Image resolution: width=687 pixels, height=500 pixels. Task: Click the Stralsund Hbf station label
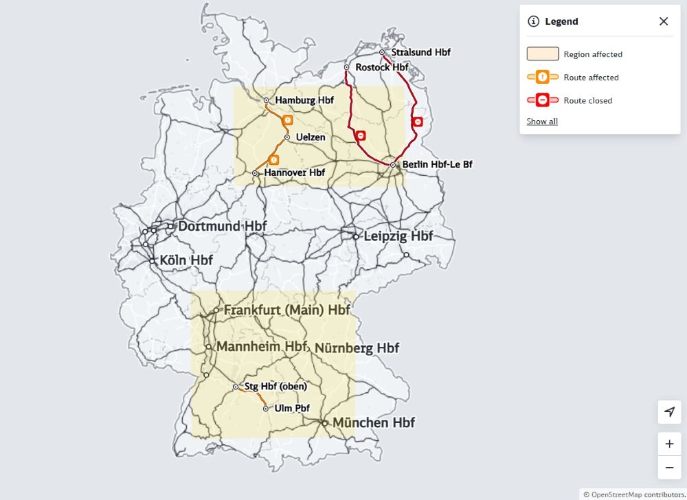point(420,52)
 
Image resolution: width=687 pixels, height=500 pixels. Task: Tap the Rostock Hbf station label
point(381,67)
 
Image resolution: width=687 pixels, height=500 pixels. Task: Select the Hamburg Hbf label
point(304,100)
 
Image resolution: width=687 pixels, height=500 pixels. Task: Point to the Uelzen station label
point(311,137)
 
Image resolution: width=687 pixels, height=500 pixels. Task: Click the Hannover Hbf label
point(294,172)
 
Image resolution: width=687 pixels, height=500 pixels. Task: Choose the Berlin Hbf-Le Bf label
point(437,165)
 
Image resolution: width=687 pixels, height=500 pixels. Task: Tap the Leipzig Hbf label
point(398,236)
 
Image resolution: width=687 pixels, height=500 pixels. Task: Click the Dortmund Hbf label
point(222,226)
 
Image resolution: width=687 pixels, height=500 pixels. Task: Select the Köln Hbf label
point(185,261)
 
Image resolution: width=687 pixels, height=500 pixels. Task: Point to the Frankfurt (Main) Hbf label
point(286,310)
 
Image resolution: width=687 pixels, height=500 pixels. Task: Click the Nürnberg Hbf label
point(357,348)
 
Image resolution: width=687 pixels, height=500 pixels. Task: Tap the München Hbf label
point(374,422)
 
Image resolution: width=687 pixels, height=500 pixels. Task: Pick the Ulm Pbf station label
point(292,408)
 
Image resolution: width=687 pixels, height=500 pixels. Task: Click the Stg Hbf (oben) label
point(275,387)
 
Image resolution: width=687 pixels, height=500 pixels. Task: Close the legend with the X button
point(664,21)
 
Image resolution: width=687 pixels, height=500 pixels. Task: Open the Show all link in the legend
point(542,122)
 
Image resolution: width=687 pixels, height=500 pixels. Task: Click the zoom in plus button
point(669,444)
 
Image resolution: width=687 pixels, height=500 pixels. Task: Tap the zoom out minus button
point(669,468)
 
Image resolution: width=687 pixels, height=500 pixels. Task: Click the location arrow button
point(669,412)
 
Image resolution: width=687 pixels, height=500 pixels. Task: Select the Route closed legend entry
point(587,100)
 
